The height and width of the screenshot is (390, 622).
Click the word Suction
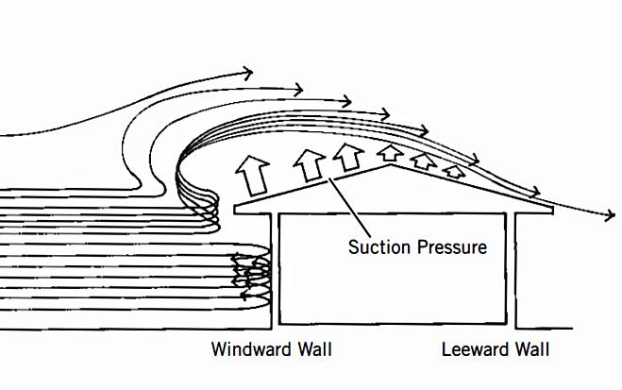click(x=377, y=248)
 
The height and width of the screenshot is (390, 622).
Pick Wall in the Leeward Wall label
click(x=530, y=351)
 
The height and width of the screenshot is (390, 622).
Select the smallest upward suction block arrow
click(x=454, y=171)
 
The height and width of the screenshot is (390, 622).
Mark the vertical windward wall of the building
click(x=276, y=274)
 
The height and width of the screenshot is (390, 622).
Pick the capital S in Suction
click(x=353, y=248)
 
